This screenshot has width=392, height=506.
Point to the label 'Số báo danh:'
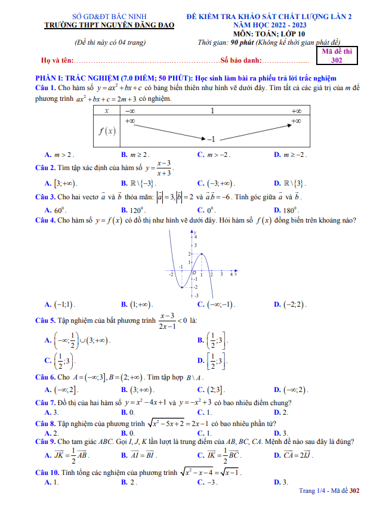tap(241, 61)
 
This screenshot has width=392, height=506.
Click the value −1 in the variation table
tap(209, 139)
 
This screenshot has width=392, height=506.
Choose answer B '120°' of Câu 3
tap(134, 210)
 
